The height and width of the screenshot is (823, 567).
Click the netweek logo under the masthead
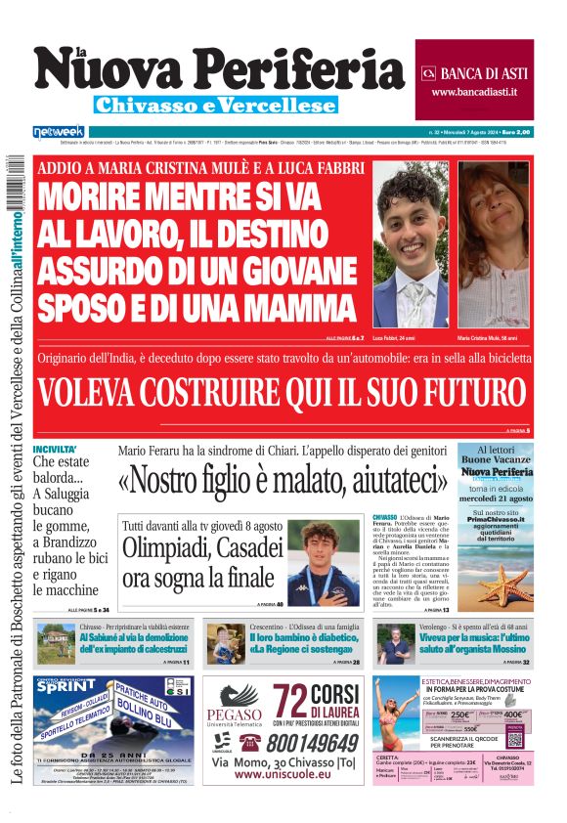coord(59,131)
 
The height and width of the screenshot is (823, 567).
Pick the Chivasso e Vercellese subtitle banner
coord(215,105)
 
